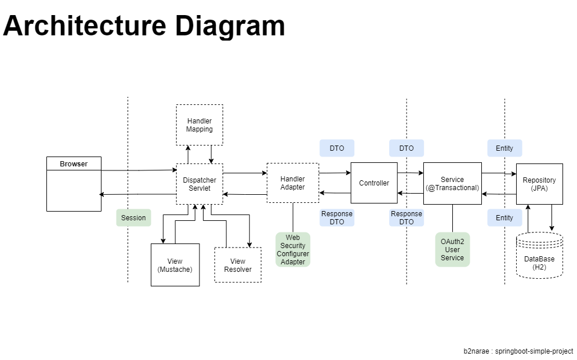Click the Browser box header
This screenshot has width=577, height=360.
[x=74, y=164]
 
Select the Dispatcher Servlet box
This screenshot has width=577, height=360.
[x=199, y=184]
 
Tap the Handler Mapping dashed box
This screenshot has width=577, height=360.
[x=199, y=125]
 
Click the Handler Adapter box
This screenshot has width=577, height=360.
[x=292, y=183]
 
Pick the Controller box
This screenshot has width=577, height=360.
[x=374, y=183]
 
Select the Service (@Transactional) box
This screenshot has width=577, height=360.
[x=452, y=183]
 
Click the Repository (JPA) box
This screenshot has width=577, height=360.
[x=539, y=184]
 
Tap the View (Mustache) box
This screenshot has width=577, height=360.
[x=175, y=265]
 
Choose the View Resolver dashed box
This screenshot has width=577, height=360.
[x=238, y=265]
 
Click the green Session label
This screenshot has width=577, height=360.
[x=133, y=218]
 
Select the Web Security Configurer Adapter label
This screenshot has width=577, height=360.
[x=293, y=249]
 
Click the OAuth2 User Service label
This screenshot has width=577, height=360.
[x=452, y=249]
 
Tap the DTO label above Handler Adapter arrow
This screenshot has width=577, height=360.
[x=336, y=148]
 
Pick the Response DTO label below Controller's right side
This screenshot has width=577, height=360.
[x=407, y=218]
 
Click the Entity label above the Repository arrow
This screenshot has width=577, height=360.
[x=504, y=148]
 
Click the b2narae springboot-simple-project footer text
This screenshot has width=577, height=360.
[x=518, y=351]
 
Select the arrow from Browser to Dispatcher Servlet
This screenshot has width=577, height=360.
[x=139, y=170]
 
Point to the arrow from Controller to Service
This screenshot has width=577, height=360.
[x=411, y=172]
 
